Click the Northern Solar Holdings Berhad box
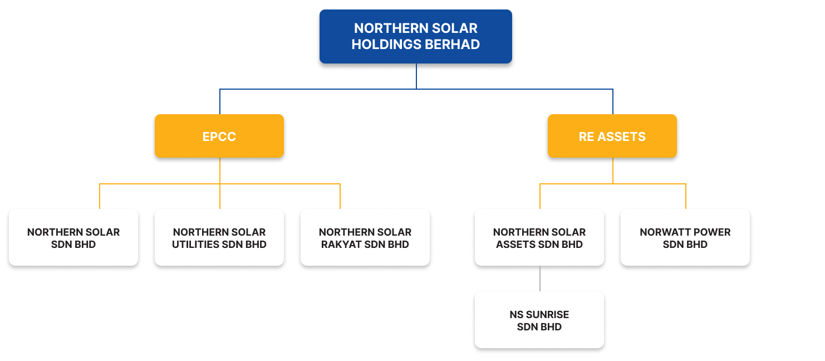[x=415, y=36]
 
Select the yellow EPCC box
[x=219, y=136]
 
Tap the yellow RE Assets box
[x=612, y=136]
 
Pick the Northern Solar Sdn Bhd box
[x=73, y=238]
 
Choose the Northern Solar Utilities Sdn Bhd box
[x=219, y=238]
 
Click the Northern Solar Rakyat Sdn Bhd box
[x=365, y=238]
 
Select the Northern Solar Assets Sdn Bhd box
[x=539, y=238]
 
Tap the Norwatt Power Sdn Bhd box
[x=685, y=238]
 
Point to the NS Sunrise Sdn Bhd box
[x=539, y=320]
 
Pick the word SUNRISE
[x=547, y=315]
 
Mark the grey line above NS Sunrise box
[x=540, y=279]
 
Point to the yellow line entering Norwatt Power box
[x=685, y=196]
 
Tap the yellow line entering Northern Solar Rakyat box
[x=340, y=196]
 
